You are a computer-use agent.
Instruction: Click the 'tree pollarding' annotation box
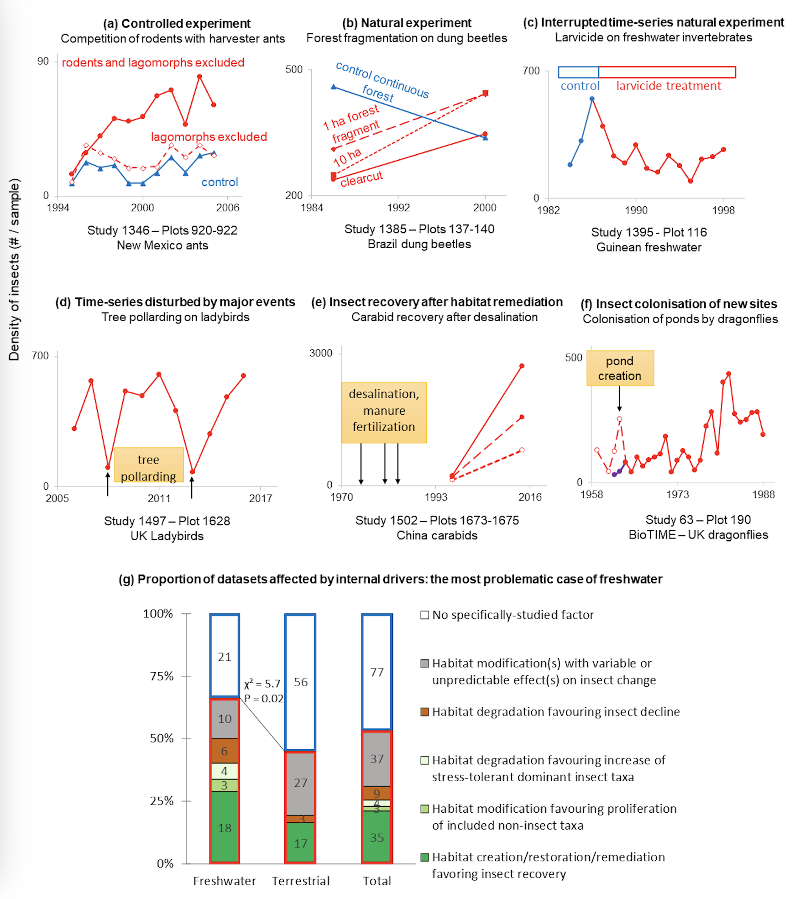point(149,465)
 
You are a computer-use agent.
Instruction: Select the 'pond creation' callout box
point(620,368)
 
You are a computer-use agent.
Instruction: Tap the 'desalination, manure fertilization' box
point(384,413)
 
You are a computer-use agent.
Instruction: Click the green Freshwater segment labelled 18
point(225,827)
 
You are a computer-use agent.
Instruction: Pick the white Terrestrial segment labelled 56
point(300,682)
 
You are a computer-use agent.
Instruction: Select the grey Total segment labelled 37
point(377,759)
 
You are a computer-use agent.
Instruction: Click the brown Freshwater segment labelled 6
point(225,751)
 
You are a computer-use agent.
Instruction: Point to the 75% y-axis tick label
point(162,676)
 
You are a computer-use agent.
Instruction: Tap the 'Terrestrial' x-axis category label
point(301,881)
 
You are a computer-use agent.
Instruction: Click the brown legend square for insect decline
point(424,712)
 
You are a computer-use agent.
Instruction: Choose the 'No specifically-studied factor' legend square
point(424,615)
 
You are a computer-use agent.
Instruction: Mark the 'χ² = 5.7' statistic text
point(262,684)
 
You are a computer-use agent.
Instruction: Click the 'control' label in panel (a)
point(220,182)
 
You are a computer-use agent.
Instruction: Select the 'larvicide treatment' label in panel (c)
point(669,86)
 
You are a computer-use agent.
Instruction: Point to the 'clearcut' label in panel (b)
point(361,178)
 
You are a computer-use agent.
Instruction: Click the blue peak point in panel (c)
point(592,99)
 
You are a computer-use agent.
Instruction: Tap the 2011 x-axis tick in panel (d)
point(159,498)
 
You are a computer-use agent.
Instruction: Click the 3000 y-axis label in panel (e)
point(321,353)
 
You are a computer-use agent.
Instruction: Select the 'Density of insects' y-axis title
point(14,270)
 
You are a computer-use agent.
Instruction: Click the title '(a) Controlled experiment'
point(177,23)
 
